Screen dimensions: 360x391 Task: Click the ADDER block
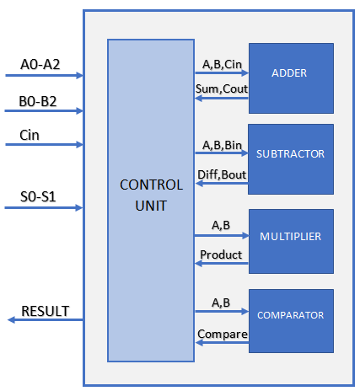coord(291,78)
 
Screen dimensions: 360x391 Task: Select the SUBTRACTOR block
coord(291,159)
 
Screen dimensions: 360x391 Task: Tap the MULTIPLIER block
coord(291,241)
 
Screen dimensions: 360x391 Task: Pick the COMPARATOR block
coord(291,321)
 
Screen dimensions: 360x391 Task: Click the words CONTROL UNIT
coord(151,195)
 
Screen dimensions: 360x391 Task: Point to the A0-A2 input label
coord(40,64)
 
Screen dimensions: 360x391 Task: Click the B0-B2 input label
coord(38,101)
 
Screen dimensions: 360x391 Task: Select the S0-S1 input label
coord(38,196)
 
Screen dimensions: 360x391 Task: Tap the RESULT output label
coord(46,311)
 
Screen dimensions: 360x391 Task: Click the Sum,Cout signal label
coord(222,89)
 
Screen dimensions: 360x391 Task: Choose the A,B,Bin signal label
coord(222,145)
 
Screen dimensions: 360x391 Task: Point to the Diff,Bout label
coord(222,174)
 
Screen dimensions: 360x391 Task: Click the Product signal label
coord(221,254)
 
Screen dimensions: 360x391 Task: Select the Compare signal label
coord(223,335)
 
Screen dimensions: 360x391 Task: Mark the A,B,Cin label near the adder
coord(222,64)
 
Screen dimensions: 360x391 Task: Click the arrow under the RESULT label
coord(46,319)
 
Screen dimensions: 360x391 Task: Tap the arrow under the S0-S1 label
coord(44,208)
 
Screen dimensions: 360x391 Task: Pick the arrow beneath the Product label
coord(222,264)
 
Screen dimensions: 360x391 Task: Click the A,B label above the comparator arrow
coord(221,303)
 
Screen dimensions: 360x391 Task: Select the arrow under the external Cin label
coord(45,145)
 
